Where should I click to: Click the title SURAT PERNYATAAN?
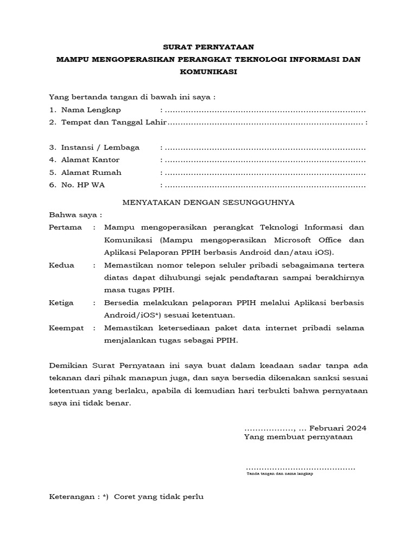208,47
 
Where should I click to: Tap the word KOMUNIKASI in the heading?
208,71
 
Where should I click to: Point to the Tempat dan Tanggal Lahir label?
113,123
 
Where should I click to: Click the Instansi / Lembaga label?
100,148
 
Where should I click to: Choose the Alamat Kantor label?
90,160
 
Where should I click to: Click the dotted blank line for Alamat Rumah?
265,173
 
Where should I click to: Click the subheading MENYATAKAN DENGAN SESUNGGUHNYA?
208,202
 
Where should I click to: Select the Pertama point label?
65,227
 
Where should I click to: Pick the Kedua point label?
61,265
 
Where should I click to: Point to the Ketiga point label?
61,302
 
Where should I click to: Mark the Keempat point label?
67,328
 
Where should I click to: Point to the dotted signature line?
300,467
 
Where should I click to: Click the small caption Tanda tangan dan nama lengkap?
279,474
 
